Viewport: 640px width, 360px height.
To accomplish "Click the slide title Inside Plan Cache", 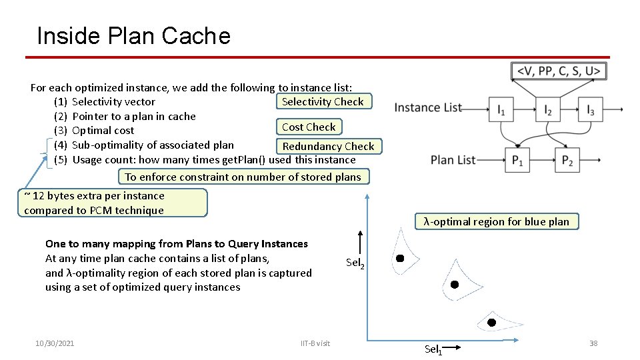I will (x=133, y=35).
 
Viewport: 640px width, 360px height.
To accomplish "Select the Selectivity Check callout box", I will (x=323, y=101).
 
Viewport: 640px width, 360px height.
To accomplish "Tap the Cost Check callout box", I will (x=309, y=127).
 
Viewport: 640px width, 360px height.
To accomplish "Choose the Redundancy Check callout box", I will (x=328, y=146).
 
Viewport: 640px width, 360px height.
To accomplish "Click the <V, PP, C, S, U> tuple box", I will (x=559, y=71).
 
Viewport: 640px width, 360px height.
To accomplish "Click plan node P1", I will (x=517, y=161).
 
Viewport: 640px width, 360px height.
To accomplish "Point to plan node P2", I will (x=567, y=161).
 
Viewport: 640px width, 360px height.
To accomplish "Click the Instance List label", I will (x=428, y=107).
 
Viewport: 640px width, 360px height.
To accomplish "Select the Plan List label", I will (x=453, y=160).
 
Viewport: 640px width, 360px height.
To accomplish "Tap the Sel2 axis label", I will (x=355, y=263).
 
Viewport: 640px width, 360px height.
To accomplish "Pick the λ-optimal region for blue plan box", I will (x=497, y=221).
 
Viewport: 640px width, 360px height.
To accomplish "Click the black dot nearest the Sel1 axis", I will (x=491, y=322).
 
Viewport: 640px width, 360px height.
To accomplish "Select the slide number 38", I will (x=593, y=343).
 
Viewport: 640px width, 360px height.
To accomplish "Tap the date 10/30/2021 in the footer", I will (x=55, y=343).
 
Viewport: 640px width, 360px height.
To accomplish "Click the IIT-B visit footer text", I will (x=315, y=343).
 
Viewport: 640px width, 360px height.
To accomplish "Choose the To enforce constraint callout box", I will (x=243, y=177).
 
